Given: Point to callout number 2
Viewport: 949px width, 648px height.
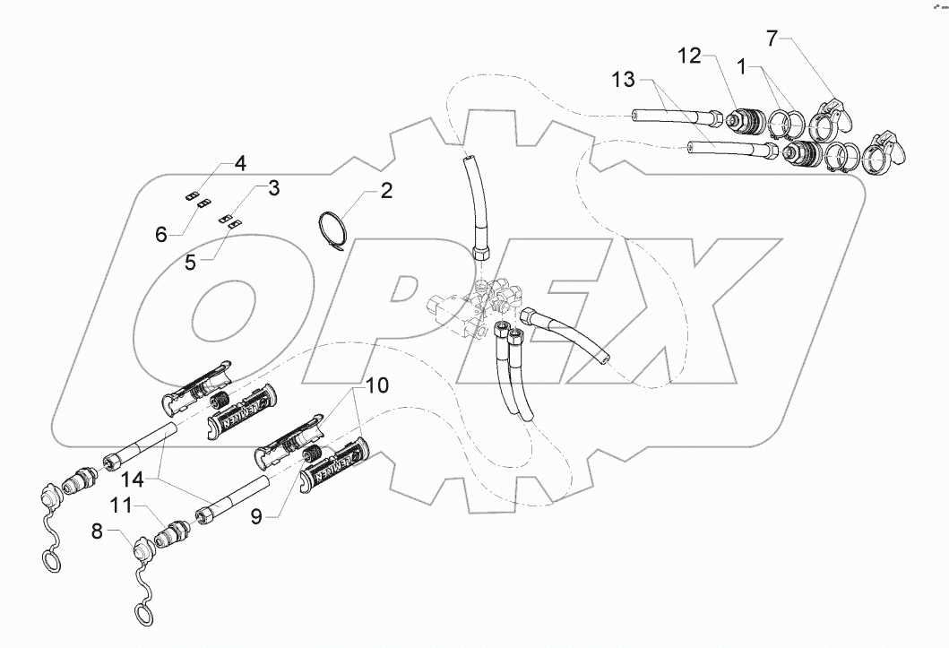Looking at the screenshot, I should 385,190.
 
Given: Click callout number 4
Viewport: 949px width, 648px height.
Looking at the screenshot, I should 239,163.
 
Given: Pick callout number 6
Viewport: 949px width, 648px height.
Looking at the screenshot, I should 161,235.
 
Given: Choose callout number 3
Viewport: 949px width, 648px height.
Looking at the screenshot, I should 273,188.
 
